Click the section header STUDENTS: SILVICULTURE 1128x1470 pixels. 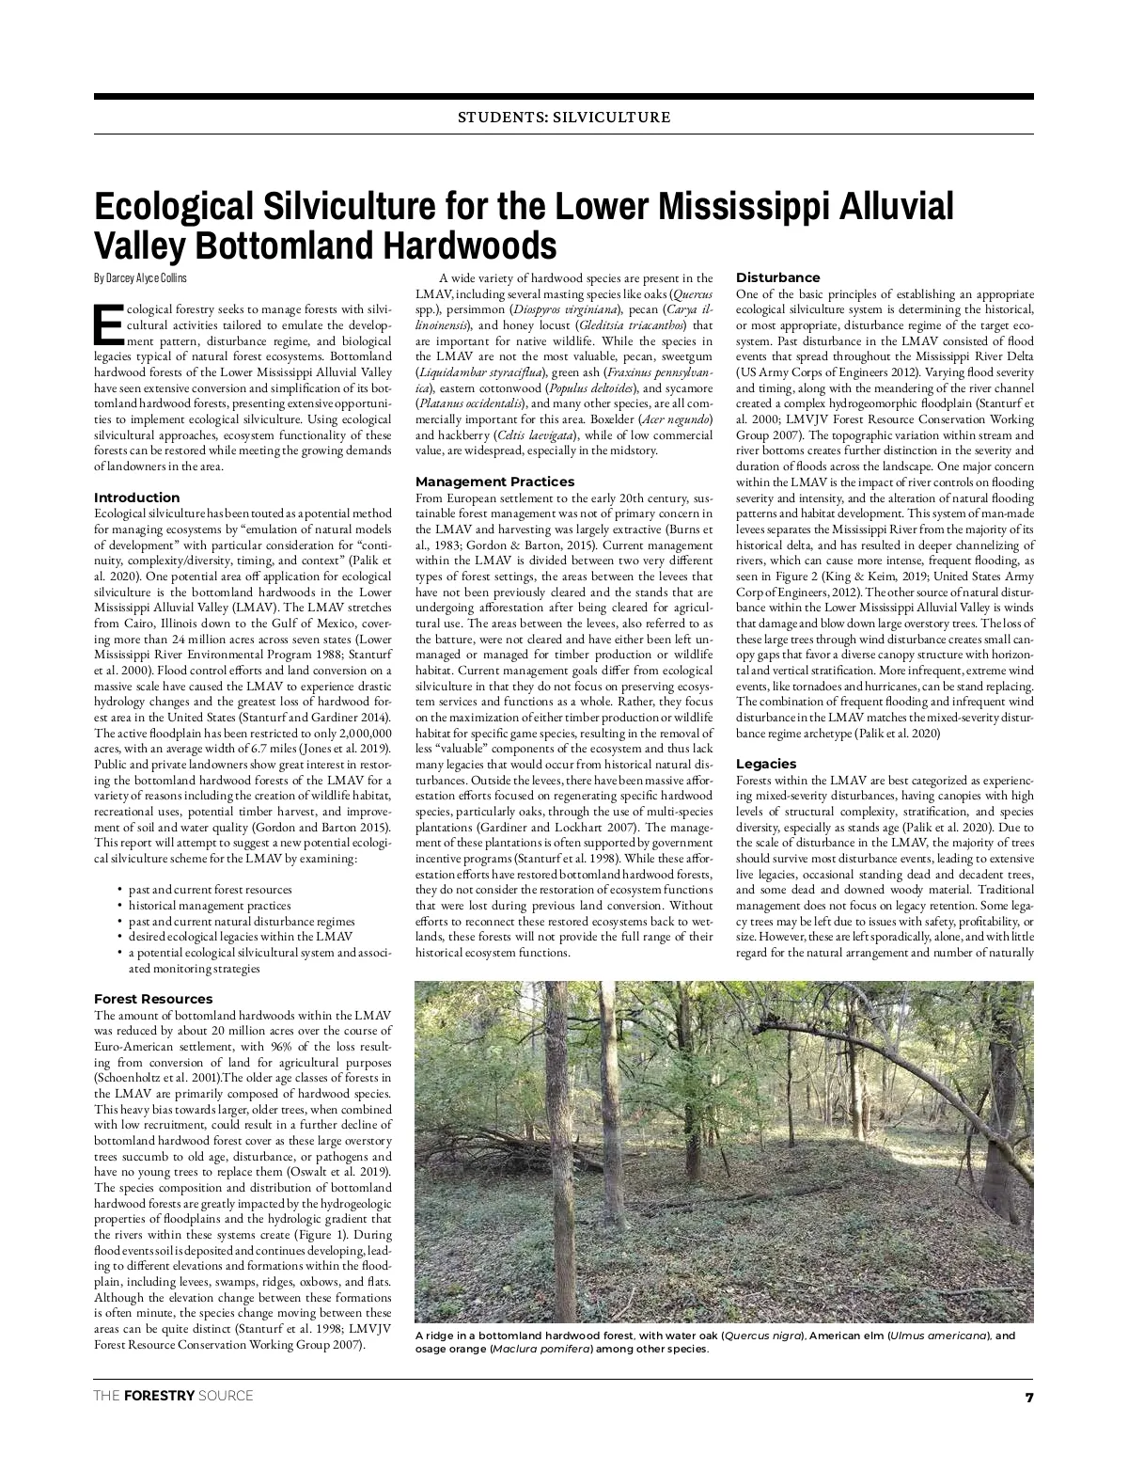[563, 118]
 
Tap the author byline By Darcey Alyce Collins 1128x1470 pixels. [140, 277]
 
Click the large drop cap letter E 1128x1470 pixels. [108, 324]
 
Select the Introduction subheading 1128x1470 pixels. [136, 498]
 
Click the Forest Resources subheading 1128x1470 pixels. [153, 999]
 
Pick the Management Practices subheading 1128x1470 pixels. [494, 482]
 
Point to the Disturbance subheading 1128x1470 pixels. [777, 277]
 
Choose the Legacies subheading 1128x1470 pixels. [766, 764]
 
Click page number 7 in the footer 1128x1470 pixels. [1028, 1396]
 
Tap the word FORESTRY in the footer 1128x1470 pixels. [156, 1396]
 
